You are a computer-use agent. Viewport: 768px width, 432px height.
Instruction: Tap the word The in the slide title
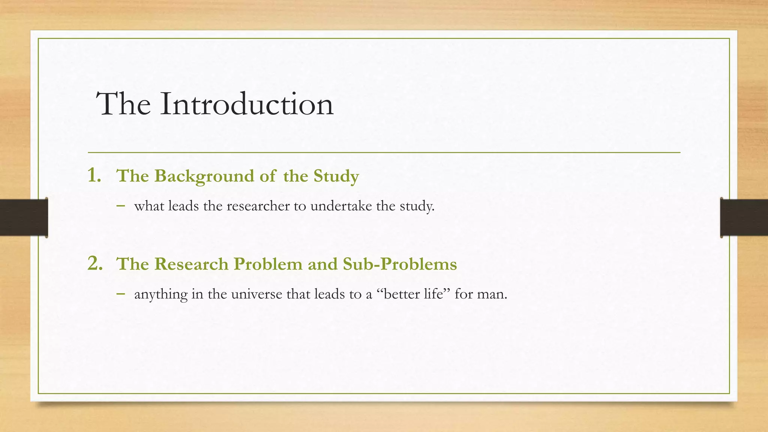click(x=123, y=104)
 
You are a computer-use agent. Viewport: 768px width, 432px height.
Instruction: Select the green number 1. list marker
click(x=94, y=175)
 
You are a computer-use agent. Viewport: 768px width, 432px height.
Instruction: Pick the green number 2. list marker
click(x=95, y=263)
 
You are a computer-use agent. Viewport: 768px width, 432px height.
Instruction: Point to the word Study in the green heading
click(x=336, y=176)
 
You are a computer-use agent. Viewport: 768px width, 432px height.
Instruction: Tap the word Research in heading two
click(x=191, y=264)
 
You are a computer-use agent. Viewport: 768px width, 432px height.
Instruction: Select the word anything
click(x=161, y=294)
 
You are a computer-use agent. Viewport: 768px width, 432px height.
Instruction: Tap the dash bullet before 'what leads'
click(x=120, y=205)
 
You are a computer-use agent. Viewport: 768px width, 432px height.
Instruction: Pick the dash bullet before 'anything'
click(x=120, y=293)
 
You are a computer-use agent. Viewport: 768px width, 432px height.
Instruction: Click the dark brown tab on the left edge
click(x=24, y=217)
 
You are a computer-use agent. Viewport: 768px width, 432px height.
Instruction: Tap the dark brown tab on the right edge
click(x=744, y=217)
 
